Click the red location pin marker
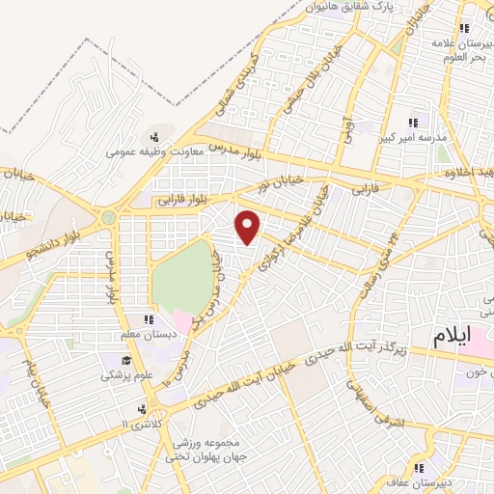249,227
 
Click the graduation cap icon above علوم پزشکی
124,360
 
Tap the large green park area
179,280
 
